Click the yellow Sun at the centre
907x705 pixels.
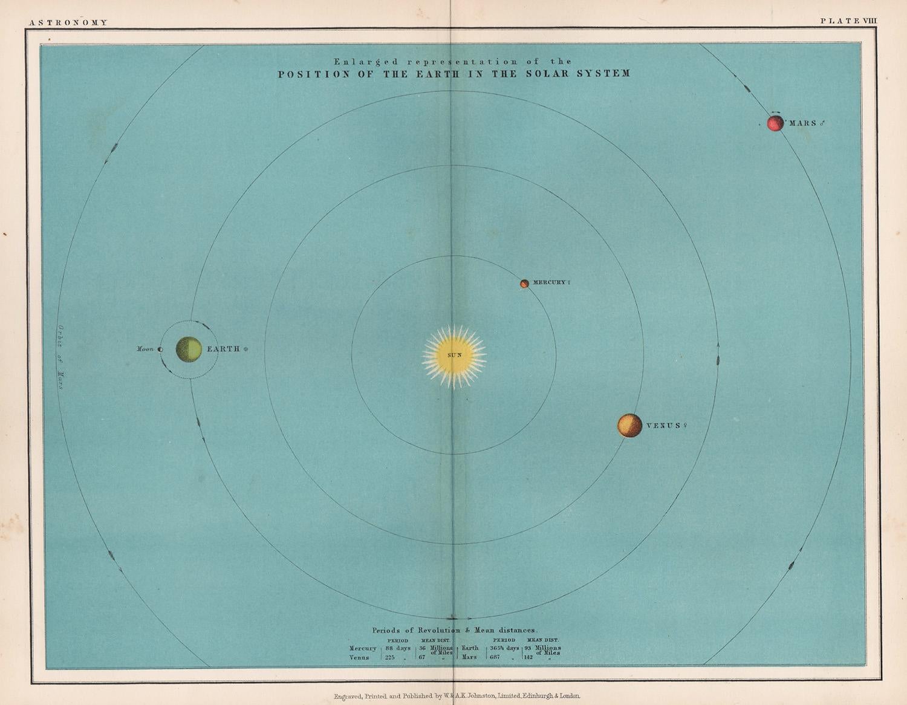tap(454, 355)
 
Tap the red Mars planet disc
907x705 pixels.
tap(775, 123)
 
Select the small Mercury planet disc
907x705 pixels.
tap(524, 283)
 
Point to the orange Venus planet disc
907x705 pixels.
tap(629, 426)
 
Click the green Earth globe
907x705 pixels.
tap(189, 349)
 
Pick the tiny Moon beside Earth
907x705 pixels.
tap(160, 349)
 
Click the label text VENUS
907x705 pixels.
tap(664, 426)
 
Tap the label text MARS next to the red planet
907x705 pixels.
tap(803, 123)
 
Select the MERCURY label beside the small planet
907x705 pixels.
tap(549, 282)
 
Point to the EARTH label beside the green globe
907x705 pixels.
tap(224, 349)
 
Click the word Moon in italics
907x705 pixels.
tap(146, 349)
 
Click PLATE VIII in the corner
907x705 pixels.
tap(848, 21)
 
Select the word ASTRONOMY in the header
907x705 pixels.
tap(68, 22)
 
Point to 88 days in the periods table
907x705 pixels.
tap(398, 648)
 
